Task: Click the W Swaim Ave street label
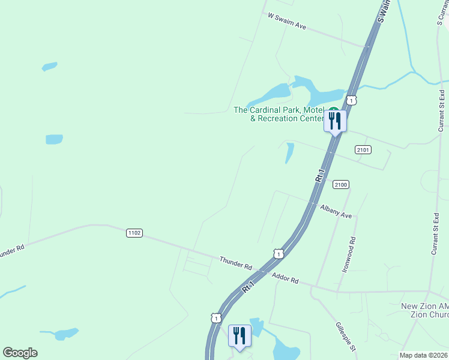(x=287, y=22)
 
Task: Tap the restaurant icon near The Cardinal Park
(x=335, y=121)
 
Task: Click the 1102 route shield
(x=134, y=233)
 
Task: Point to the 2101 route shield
(x=363, y=149)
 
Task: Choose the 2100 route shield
(x=341, y=185)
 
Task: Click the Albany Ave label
(x=336, y=211)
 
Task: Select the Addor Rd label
(x=285, y=278)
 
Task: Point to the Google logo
(x=20, y=353)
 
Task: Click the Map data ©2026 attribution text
(x=423, y=355)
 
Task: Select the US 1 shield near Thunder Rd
(x=278, y=254)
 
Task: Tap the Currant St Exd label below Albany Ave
(x=435, y=234)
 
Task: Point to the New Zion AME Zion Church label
(x=424, y=310)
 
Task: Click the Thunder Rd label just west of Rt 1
(x=235, y=263)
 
